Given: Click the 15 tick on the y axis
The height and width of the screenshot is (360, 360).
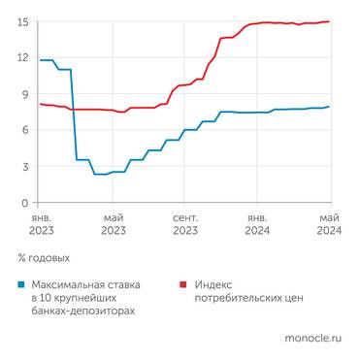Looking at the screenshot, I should click(x=22, y=22).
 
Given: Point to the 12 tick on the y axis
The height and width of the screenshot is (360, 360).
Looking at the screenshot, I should click(x=22, y=58).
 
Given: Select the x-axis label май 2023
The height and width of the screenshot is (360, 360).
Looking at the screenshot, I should click(x=113, y=225).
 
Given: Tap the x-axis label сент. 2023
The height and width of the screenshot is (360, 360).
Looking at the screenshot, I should click(x=185, y=225).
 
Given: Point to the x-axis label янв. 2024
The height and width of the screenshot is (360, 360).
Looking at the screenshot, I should click(x=258, y=225).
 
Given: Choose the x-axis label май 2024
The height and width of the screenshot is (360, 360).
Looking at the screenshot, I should click(x=330, y=225).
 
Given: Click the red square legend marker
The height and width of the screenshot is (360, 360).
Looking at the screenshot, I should click(x=184, y=284).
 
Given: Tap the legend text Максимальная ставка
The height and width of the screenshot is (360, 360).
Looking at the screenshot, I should click(x=85, y=284).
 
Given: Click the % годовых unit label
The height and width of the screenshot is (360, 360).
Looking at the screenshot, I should click(x=45, y=258).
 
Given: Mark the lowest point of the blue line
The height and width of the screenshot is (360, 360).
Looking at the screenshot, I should click(x=101, y=174).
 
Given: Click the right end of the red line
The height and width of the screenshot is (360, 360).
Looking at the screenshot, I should click(x=330, y=21).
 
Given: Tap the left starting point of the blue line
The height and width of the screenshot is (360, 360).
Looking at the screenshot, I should click(x=40, y=60).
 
